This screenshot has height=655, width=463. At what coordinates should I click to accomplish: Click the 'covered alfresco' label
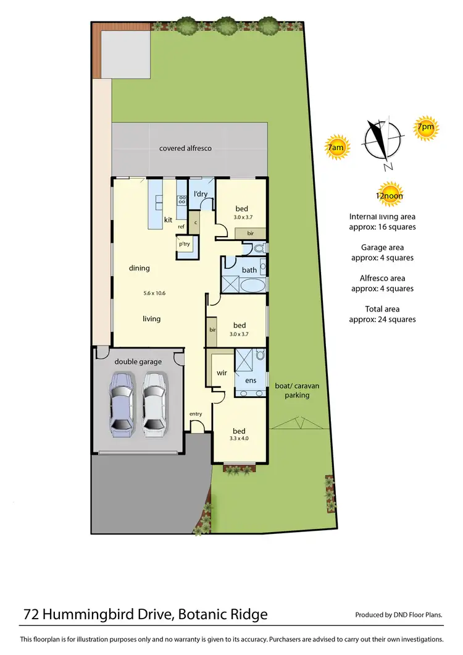coord(185,148)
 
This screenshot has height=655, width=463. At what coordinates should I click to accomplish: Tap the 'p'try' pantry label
coord(184,245)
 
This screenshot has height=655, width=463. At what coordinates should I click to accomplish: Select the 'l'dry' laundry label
coord(201,195)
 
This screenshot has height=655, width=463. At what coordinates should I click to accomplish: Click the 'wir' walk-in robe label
coord(222,373)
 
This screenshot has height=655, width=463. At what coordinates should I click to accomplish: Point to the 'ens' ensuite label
coord(251,381)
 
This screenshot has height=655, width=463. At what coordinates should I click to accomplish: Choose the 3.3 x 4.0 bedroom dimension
coord(240,439)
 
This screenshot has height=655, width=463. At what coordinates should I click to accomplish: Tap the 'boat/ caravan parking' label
coord(297,391)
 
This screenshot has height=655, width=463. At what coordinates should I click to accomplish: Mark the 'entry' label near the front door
coord(196,414)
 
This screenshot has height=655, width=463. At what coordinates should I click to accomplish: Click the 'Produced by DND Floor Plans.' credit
coord(399,615)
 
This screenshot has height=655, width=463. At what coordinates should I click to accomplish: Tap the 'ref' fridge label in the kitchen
coord(181,227)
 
